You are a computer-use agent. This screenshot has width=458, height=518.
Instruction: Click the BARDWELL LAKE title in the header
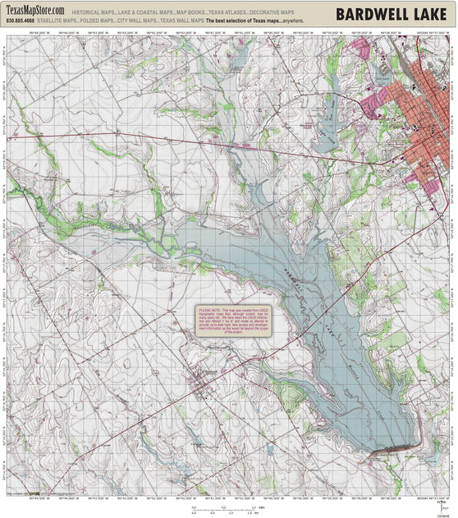click(391, 14)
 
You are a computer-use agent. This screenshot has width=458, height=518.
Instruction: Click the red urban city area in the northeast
click(423, 123)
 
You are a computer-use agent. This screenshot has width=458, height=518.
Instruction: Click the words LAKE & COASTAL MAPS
click(146, 13)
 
